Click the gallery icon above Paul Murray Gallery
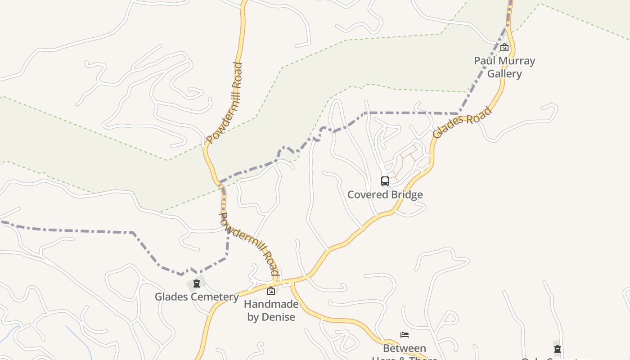(504, 47)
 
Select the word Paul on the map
(484, 61)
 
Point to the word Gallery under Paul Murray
(504, 74)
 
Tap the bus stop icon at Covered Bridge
(385, 181)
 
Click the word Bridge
(407, 195)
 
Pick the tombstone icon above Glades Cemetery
(196, 283)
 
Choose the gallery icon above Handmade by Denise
(271, 291)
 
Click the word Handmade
(271, 304)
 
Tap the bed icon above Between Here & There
(405, 335)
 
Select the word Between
(405, 348)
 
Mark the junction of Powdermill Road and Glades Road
(275, 283)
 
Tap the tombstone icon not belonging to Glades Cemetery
(558, 349)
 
